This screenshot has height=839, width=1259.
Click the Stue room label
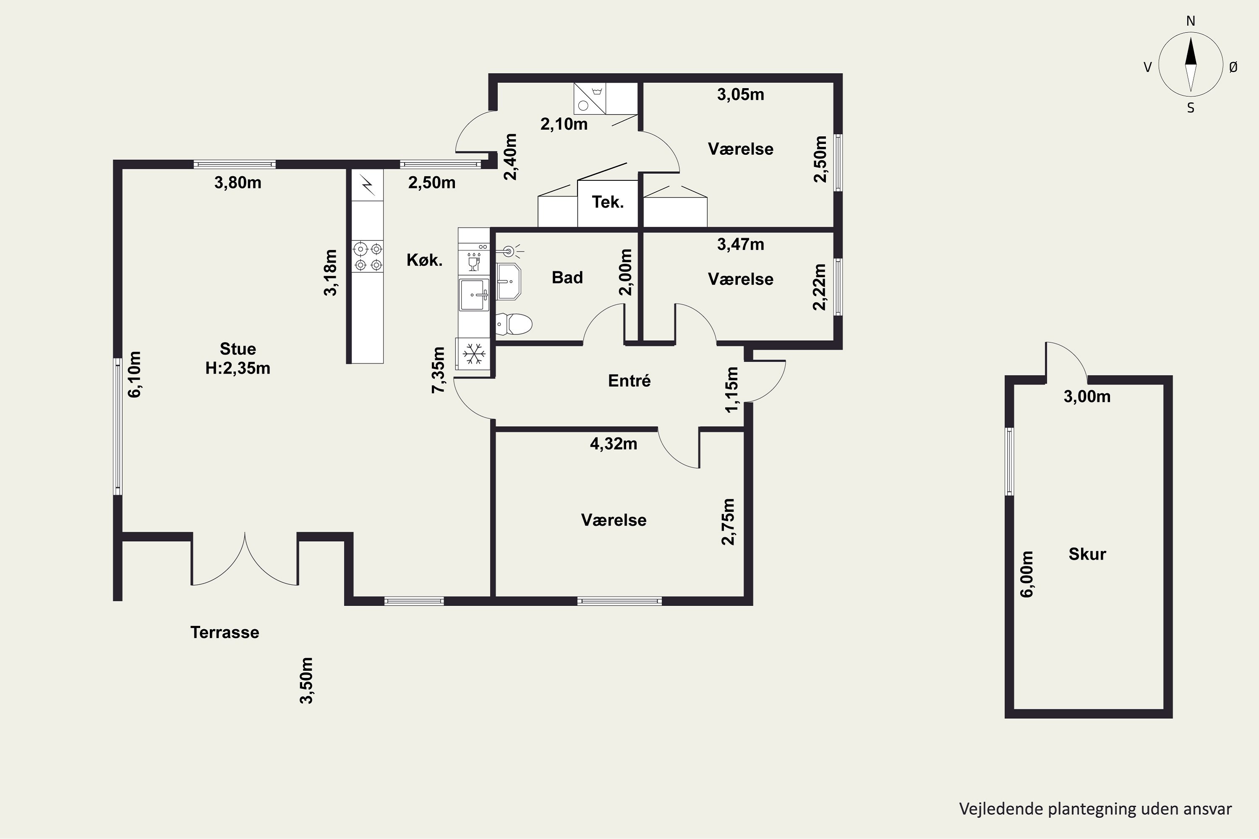238,349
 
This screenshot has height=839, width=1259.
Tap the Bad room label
567,277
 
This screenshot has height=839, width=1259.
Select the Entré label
629,380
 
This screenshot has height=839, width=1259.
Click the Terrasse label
225,633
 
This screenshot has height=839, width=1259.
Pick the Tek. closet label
608,202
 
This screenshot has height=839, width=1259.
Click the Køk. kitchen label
424,260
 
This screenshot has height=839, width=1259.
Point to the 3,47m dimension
740,244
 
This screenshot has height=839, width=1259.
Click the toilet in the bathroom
514,324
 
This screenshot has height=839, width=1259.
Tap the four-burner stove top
367,256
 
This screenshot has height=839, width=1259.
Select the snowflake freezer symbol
474,354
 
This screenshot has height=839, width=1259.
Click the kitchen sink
474,294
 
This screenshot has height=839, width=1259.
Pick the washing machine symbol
590,99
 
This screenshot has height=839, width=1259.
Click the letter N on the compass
1191,21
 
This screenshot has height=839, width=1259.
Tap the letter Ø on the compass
1233,67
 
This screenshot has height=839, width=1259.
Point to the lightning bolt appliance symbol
368,185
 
